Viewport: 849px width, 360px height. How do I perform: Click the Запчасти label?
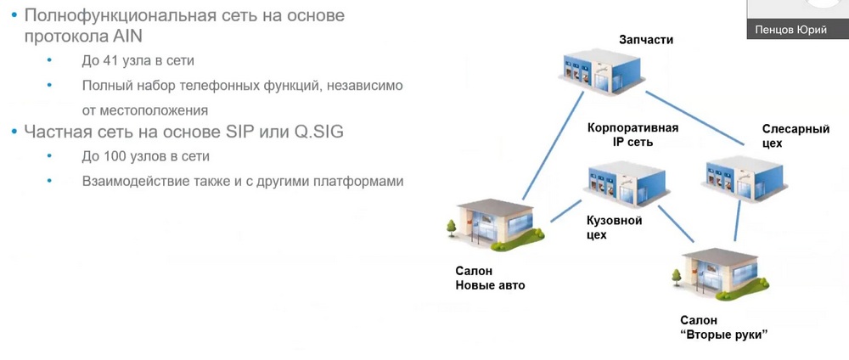point(646,40)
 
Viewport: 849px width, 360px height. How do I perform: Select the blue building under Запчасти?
point(602,70)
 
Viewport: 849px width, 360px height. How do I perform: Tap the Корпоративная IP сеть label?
point(633,135)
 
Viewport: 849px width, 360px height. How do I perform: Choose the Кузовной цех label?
point(615,228)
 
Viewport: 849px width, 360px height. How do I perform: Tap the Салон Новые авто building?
point(495,225)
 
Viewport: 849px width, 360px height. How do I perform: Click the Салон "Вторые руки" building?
point(721,274)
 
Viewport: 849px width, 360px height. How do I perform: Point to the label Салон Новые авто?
point(490,278)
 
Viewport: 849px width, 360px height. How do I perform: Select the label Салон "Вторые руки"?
point(723,327)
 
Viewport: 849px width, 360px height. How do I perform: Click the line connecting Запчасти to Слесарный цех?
point(695,119)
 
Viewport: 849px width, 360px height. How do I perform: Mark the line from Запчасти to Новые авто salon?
point(553,146)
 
